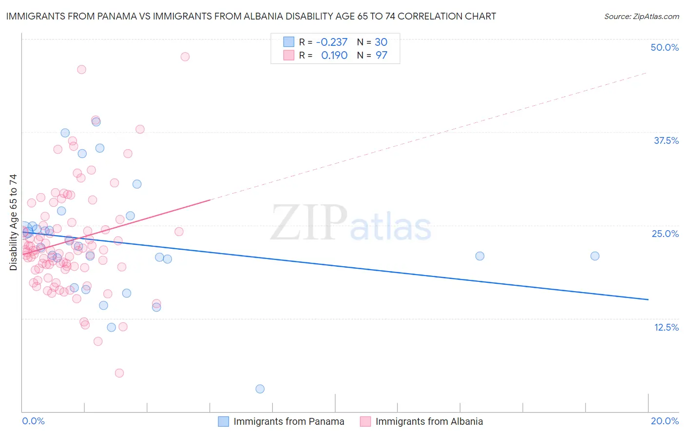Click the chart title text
tap(251, 16)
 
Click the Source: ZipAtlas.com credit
tap(641, 17)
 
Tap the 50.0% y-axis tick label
tap(665, 47)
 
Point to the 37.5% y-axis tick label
tap(666, 140)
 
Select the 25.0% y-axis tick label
tap(665, 234)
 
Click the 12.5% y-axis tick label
tap(666, 327)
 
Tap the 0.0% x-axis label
tap(33, 421)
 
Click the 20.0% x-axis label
tap(665, 421)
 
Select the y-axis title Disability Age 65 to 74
tap(13, 222)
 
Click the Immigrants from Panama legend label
tap(288, 421)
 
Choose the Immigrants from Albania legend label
tap(429, 421)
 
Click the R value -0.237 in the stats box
tap(332, 42)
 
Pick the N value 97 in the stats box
tap(381, 56)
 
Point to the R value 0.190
tap(334, 56)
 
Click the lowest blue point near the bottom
tap(260, 389)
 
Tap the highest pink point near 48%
tap(185, 57)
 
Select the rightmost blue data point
tap(595, 256)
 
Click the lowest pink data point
tap(119, 373)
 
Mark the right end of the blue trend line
tap(648, 299)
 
